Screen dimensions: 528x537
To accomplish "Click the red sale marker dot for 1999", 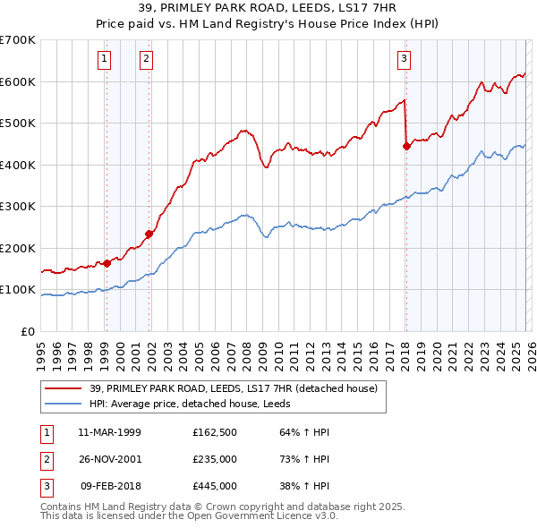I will (107, 263).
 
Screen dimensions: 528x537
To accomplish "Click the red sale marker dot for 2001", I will (149, 234).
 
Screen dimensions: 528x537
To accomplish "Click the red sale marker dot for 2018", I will (406, 147).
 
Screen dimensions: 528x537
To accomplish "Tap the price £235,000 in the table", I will (215, 459).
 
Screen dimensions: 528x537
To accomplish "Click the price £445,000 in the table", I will (215, 487).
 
